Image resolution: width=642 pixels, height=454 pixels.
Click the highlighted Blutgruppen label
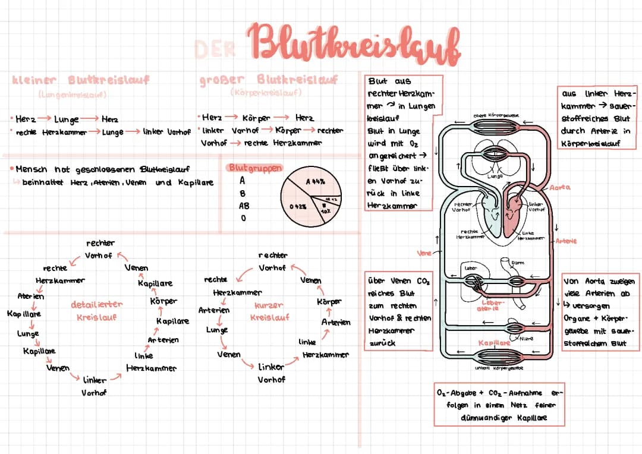(255, 168)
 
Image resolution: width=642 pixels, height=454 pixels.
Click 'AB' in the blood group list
(244, 205)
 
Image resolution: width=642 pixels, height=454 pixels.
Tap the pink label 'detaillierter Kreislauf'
(97, 310)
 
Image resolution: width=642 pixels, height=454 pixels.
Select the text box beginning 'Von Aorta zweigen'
(598, 311)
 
